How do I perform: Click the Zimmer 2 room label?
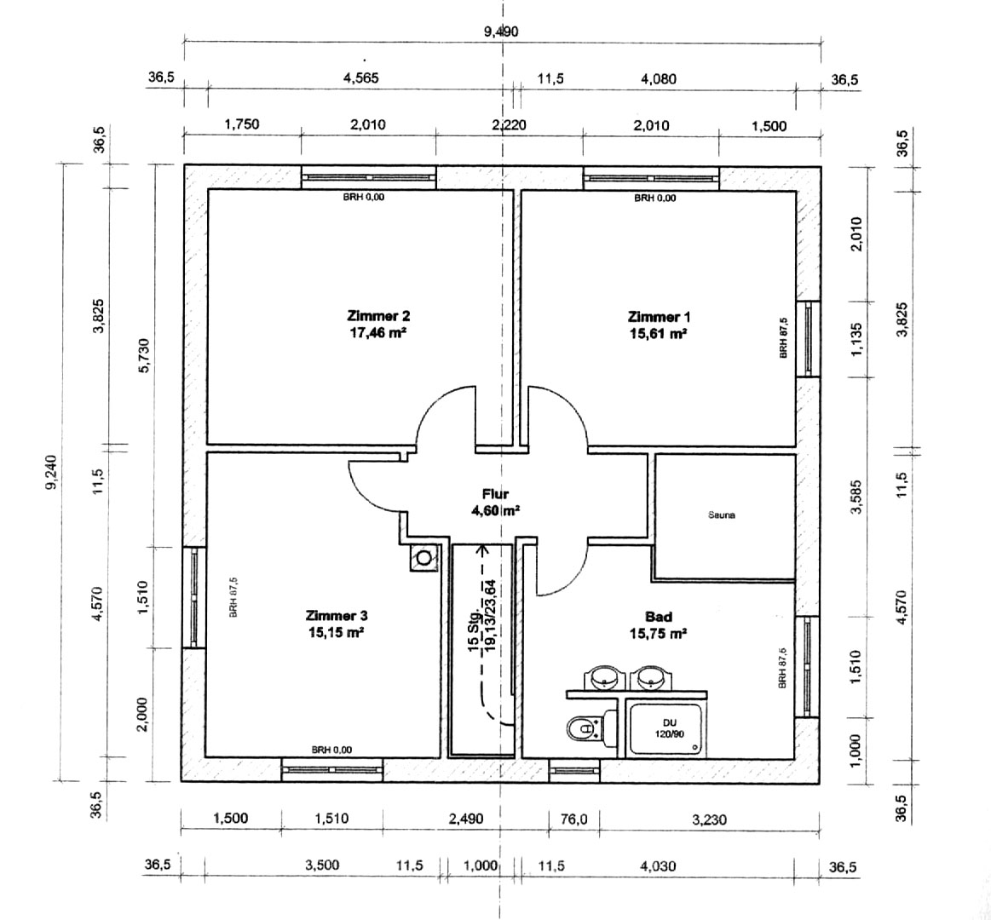(378, 315)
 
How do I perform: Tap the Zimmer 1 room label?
(660, 316)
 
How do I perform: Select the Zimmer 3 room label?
(337, 615)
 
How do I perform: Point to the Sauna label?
(722, 515)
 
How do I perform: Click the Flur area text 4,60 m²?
(495, 510)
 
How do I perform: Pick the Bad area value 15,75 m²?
(659, 633)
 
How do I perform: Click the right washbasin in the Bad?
(649, 678)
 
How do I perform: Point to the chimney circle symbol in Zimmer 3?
(423, 557)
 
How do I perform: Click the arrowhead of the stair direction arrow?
(484, 549)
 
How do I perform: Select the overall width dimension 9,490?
(501, 31)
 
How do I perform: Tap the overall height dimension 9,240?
(52, 471)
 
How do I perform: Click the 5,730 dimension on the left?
(144, 356)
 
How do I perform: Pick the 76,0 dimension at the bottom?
(573, 819)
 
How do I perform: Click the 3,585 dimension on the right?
(856, 497)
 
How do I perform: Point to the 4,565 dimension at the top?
(361, 78)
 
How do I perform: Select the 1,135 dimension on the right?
(856, 339)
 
